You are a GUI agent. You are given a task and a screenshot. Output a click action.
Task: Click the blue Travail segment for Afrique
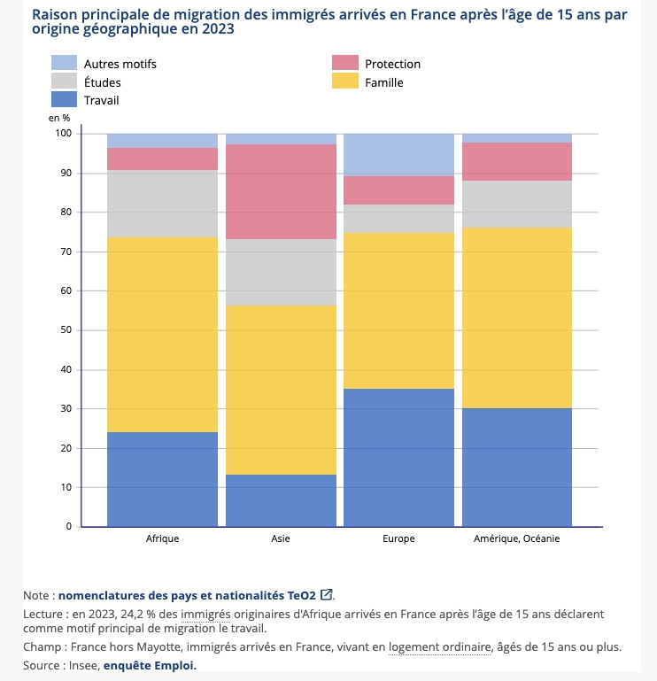162,479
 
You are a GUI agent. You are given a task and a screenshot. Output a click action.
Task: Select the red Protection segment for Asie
281,191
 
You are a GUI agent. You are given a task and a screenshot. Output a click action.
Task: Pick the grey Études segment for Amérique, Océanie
517,205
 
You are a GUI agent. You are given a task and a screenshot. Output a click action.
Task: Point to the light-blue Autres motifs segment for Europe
398,155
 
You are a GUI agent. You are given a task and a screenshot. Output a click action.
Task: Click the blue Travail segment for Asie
281,500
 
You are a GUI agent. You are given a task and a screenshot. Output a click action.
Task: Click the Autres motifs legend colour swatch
65,64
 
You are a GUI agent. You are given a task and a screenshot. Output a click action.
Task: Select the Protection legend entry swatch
345,64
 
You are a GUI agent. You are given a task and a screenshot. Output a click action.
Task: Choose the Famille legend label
383,82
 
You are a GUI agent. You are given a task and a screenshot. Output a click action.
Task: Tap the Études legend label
102,82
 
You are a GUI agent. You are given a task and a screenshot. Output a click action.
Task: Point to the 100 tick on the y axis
63,134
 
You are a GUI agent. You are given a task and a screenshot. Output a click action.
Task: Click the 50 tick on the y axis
66,330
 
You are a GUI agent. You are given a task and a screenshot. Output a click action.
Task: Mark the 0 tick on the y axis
68,527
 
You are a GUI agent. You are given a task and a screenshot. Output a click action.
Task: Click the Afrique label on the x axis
162,538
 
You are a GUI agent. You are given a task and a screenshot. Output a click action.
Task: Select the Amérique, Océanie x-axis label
517,538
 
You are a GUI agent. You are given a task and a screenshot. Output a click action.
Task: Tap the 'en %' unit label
59,118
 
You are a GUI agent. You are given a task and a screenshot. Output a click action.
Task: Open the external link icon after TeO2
327,594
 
